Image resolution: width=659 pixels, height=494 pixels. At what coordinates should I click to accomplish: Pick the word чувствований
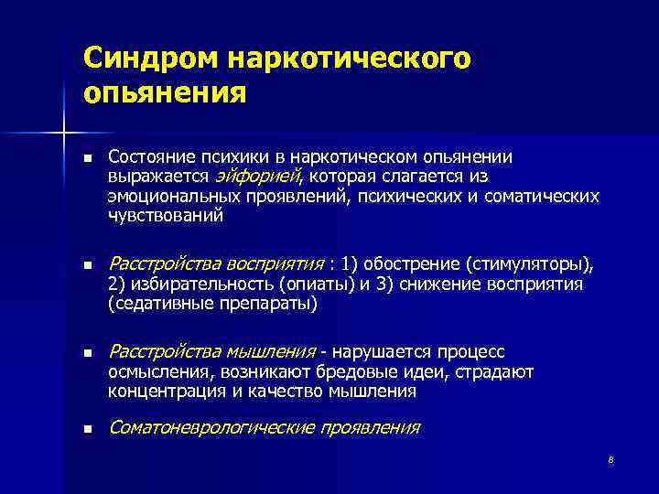[x=165, y=216]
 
